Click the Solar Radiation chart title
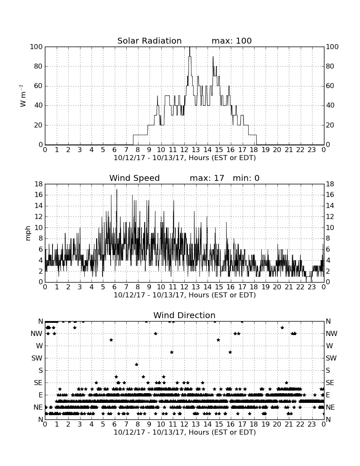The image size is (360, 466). coord(150,41)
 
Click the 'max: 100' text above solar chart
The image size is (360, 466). coord(232,41)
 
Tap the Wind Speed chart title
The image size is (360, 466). coord(135,178)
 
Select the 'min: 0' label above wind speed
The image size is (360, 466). coord(246,178)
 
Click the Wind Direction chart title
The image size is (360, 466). coord(185,315)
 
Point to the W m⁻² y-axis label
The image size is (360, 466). coord(22,96)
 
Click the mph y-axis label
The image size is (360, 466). coord(28,233)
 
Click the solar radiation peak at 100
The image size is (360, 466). coord(190,47)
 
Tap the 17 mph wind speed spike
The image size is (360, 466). coord(117,190)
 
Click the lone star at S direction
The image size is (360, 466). coord(137,364)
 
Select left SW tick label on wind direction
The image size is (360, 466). coord(37,358)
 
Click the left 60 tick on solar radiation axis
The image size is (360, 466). coord(38,86)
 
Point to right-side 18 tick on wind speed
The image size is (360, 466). coord(330,184)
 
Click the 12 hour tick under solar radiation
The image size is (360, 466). coord(184,150)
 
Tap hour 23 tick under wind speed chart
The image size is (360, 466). coord(312,287)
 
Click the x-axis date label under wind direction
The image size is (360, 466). coord(185,432)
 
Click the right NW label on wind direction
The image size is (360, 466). coord(332,334)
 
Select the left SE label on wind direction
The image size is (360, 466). coord(38,383)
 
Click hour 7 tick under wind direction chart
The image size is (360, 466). coord(126,424)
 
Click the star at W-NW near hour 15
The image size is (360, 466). coord(218,340)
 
